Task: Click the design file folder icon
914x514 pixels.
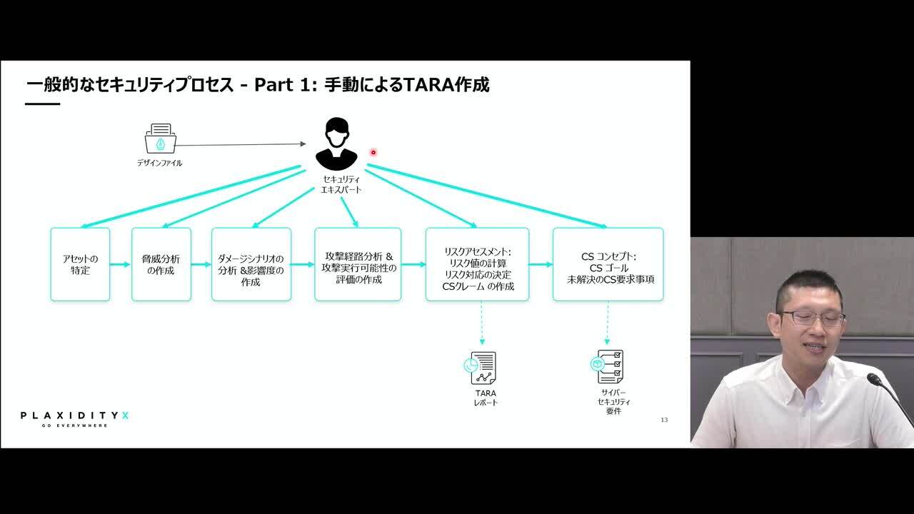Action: point(161,138)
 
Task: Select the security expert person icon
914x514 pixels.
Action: point(336,144)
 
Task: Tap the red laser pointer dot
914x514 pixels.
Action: point(373,152)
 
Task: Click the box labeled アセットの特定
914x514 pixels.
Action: point(81,264)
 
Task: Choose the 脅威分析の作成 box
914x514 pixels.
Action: point(161,264)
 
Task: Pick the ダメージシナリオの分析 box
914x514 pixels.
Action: point(251,264)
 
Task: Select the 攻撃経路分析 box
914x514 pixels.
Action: point(358,264)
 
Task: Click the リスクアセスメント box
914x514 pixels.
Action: point(478,264)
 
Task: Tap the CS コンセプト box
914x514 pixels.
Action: point(608,264)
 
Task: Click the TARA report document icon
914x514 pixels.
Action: point(481,368)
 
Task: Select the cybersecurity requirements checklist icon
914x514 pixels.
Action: point(607,366)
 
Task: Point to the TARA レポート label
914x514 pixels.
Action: point(486,398)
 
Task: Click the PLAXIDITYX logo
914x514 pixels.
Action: point(75,419)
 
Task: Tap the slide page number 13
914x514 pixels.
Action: point(664,420)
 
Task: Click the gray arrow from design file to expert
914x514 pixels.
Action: point(241,144)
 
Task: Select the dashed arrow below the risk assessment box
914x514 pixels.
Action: point(482,323)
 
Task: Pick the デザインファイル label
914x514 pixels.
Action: point(159,163)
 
